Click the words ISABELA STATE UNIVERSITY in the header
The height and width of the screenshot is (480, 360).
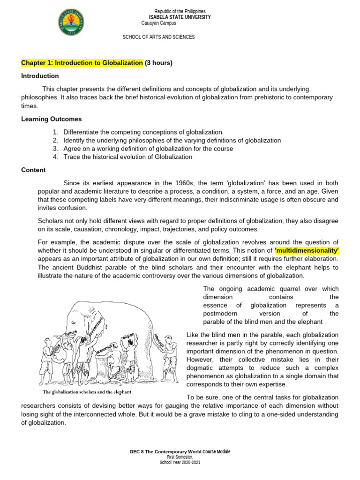pyautogui.click(x=180, y=17)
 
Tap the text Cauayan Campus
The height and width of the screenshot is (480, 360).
pyautogui.click(x=158, y=23)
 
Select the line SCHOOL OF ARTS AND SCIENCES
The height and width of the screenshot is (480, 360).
pyautogui.click(x=158, y=37)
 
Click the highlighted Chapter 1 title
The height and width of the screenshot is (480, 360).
pyautogui.click(x=82, y=63)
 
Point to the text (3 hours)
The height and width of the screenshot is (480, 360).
pyautogui.click(x=159, y=63)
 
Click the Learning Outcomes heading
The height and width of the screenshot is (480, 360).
pyautogui.click(x=52, y=119)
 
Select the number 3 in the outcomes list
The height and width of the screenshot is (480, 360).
pyautogui.click(x=55, y=149)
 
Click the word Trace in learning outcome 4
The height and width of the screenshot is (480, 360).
pyautogui.click(x=72, y=157)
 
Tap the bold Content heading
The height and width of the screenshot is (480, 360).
pyautogui.click(x=33, y=170)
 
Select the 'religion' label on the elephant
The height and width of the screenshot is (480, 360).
pyautogui.click(x=128, y=337)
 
